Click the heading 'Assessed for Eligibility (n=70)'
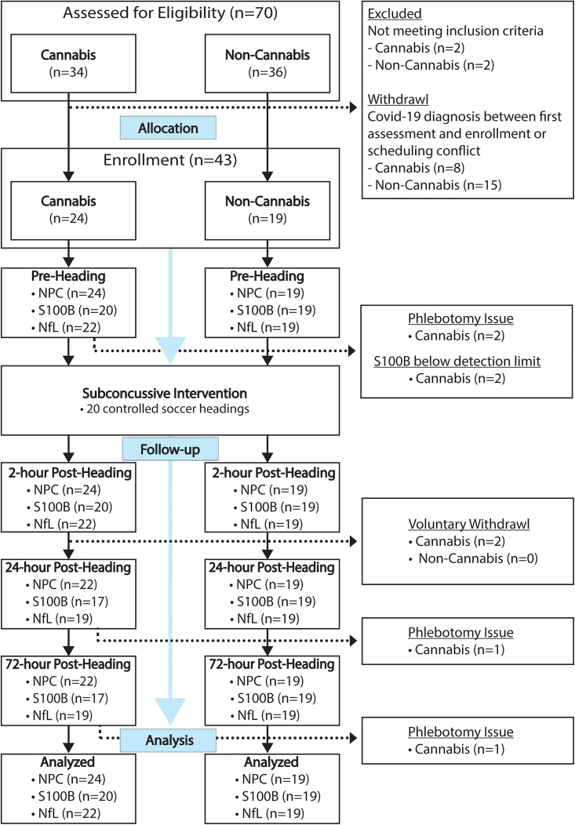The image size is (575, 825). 169,13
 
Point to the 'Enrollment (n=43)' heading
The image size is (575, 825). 169,162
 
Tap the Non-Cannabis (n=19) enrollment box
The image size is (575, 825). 268,213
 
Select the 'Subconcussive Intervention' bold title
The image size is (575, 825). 169,393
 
